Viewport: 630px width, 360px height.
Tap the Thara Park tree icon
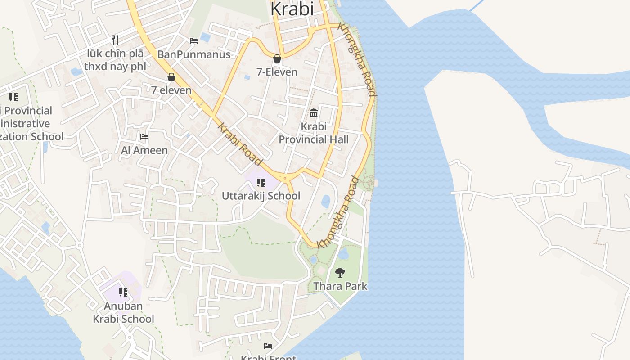[340, 272]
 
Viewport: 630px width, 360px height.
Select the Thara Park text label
[340, 286]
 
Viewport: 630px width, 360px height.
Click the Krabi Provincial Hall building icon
[314, 112]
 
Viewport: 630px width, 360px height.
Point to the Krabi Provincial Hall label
[314, 133]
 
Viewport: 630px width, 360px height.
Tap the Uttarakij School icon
[261, 182]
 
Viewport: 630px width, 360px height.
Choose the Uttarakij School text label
[261, 196]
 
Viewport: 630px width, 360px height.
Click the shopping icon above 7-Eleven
[277, 58]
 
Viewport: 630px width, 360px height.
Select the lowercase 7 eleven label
[171, 90]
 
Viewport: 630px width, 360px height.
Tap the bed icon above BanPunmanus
[194, 41]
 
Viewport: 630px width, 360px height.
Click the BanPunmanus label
[194, 54]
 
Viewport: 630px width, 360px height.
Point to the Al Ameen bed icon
[144, 136]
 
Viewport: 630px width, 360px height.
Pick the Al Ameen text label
[144, 150]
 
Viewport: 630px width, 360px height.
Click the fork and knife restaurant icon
[115, 40]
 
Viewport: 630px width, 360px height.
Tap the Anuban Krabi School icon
[123, 292]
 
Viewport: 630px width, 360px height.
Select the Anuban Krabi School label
[123, 312]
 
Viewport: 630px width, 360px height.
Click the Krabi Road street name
[240, 144]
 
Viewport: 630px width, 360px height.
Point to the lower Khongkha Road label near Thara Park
[338, 213]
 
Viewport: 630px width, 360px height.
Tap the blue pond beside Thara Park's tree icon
[343, 255]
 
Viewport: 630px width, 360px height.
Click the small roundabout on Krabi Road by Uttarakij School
[285, 178]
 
